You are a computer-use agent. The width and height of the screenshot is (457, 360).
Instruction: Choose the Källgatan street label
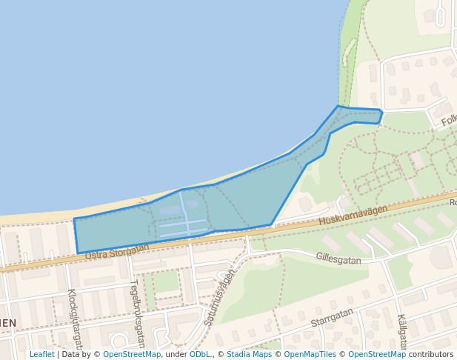[402, 331]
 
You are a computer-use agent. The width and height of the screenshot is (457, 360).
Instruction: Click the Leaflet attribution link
[41, 354]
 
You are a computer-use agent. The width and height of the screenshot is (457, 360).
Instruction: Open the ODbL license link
[199, 354]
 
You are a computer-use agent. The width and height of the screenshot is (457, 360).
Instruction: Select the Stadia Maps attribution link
[249, 354]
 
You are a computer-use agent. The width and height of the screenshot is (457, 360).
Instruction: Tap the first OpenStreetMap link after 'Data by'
[132, 354]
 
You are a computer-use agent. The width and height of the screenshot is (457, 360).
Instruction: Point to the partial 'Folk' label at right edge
[448, 120]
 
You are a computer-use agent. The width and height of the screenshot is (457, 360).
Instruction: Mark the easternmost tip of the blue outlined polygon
[381, 113]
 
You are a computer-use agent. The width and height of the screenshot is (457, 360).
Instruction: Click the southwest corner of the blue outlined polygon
[78, 253]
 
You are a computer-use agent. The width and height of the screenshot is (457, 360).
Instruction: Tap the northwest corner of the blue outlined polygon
[74, 219]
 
